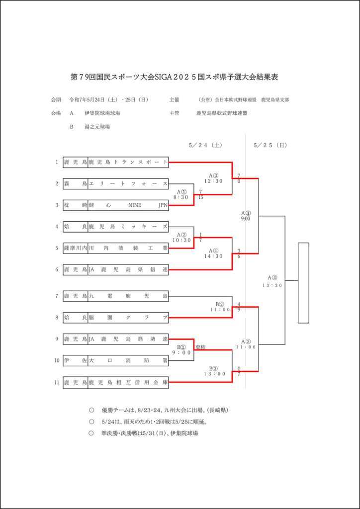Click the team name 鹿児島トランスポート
(128, 162)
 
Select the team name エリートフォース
(128, 184)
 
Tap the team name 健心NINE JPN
(128, 205)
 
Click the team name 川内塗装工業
(128, 248)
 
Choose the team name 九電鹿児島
(128, 270)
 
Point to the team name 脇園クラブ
(128, 296)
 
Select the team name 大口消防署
(128, 318)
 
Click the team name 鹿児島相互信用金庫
(128, 339)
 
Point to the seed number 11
(57, 383)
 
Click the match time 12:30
(214, 181)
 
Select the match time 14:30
(214, 256)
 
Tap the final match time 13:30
(272, 285)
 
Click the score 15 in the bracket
(200, 197)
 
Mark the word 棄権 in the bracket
(200, 347)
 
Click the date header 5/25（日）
(270, 145)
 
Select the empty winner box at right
(303, 282)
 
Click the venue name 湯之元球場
(97, 127)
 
